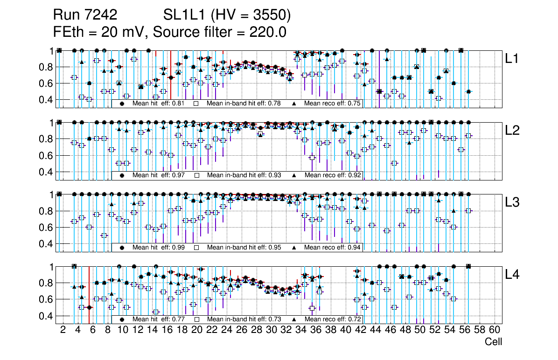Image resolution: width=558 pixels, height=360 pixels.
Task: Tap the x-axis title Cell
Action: pyautogui.click(x=493, y=342)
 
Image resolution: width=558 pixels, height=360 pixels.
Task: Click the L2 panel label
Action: pyautogui.click(x=513, y=131)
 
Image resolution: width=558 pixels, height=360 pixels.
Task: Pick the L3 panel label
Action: pyautogui.click(x=513, y=202)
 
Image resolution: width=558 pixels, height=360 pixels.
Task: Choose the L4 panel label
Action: pyautogui.click(x=513, y=275)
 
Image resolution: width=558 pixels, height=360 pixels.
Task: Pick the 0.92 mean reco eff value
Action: pyautogui.click(x=354, y=175)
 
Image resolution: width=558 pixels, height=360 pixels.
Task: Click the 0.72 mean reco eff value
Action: pyautogui.click(x=354, y=319)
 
